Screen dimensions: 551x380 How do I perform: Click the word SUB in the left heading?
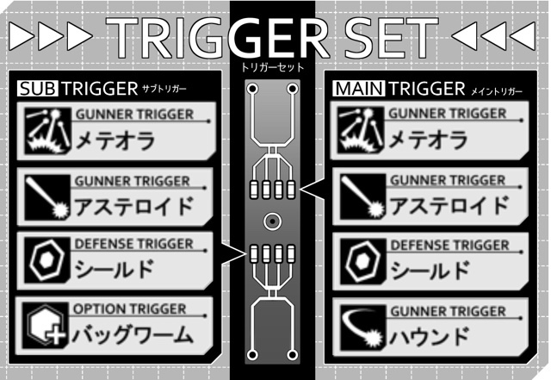point(38,88)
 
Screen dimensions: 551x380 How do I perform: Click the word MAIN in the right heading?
point(359,88)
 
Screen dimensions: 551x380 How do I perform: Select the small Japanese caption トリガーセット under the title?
point(272,67)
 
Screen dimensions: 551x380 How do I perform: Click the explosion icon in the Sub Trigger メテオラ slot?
point(47,131)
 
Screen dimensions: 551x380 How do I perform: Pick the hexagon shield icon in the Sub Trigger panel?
point(47,259)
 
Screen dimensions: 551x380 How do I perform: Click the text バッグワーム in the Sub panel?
point(133,334)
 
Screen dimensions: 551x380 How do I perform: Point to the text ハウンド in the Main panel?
point(430,336)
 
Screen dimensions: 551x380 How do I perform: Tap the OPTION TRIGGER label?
point(129,309)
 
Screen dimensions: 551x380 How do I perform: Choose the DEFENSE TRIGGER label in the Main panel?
point(449,245)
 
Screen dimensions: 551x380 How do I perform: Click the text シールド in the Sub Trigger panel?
point(115,269)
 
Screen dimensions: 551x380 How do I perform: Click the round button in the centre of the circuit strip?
point(272,221)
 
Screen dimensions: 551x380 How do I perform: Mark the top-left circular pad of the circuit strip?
point(252,89)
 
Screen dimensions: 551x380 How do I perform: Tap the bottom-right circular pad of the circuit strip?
point(292,355)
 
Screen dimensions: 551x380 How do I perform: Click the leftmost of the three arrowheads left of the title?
point(22,36)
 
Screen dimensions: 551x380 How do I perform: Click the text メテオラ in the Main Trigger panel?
point(428,140)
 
